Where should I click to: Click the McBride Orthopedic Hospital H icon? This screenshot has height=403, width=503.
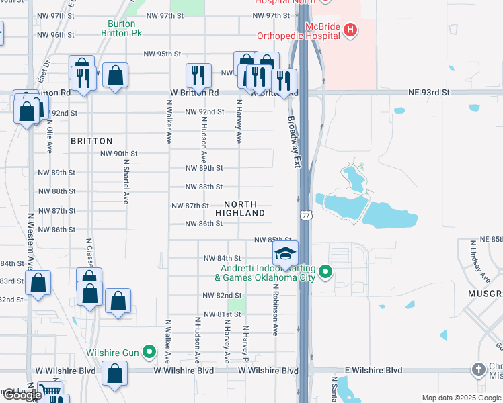(349, 30)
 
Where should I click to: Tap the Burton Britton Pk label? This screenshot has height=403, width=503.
(122, 28)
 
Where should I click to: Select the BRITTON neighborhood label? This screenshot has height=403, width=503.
(91, 141)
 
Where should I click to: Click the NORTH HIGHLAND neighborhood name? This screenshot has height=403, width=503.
(240, 208)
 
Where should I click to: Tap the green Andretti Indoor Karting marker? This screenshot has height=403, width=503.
(325, 272)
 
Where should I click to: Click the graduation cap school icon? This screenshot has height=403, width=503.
(285, 253)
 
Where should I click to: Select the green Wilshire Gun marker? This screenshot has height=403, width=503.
(151, 352)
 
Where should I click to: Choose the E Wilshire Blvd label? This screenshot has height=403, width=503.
(375, 370)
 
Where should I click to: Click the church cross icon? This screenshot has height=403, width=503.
(477, 370)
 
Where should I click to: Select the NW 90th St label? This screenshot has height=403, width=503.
(119, 154)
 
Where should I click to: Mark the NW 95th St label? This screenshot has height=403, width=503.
(163, 54)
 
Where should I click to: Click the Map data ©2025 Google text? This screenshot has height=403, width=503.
(460, 398)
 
